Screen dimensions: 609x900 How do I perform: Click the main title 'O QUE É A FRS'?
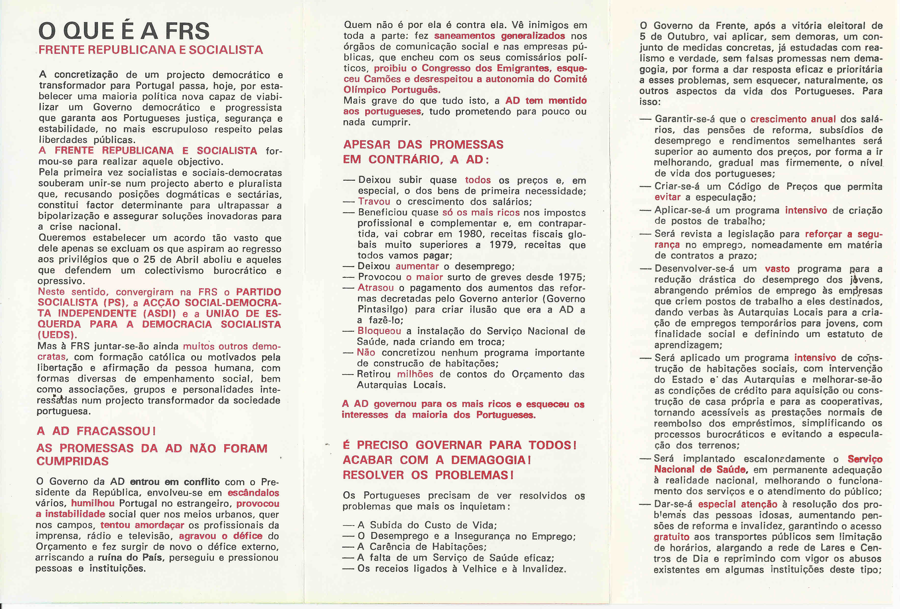tap(124, 31)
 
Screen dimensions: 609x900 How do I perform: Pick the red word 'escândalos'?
tap(253, 493)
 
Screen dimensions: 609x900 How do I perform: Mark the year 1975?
tap(571, 277)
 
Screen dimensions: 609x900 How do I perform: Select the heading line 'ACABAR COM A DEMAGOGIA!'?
tap(436, 460)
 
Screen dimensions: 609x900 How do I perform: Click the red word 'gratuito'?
tap(672, 537)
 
